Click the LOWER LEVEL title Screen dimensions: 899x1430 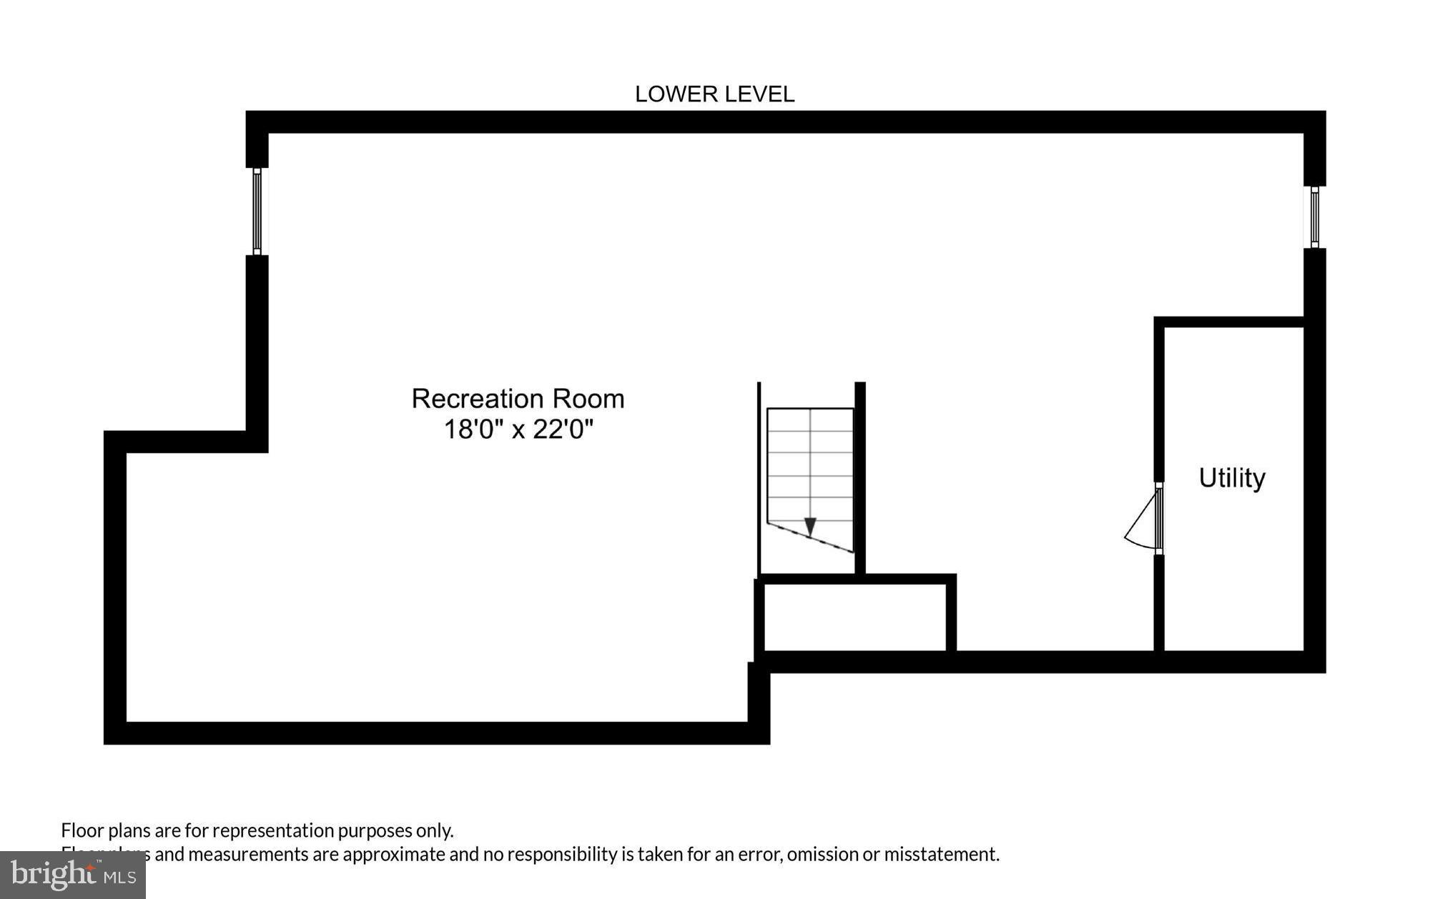[714, 94]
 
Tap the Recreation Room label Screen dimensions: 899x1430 [518, 399]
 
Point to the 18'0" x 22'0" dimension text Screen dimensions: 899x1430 [518, 430]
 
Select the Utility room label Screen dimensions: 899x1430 [1231, 477]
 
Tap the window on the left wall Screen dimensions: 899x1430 [257, 212]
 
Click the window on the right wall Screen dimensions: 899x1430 [1314, 217]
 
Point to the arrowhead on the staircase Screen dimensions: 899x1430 [810, 527]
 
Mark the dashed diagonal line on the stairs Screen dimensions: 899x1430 [811, 538]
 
